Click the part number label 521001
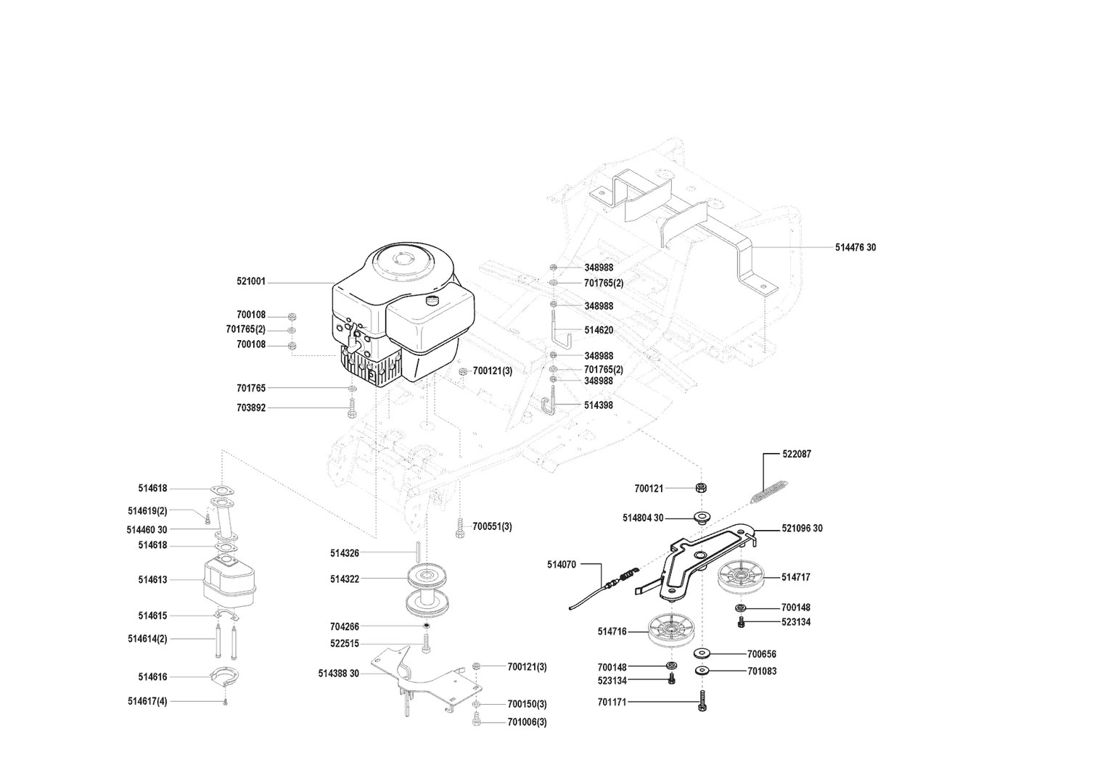[x=250, y=281]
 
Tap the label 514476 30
[x=855, y=247]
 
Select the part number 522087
[x=797, y=454]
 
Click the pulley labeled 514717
[x=742, y=578]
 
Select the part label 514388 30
[x=338, y=674]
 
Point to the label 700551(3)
[x=492, y=526]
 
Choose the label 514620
[x=599, y=330]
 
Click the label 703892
[x=251, y=407]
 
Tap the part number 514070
[x=562, y=564]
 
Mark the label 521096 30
[x=802, y=529]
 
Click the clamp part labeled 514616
[x=225, y=677]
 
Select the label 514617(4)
[x=147, y=701]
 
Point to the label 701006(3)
[x=528, y=722]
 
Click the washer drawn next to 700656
[x=702, y=653]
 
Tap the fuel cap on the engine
[x=432, y=299]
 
